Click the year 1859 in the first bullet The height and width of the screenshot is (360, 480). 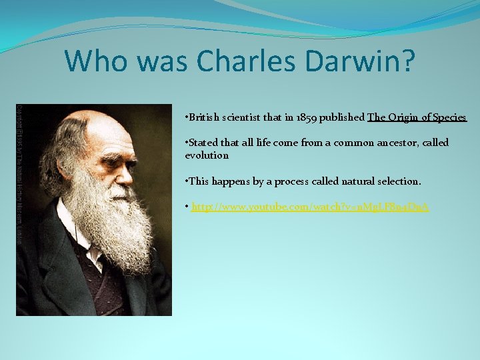pos(307,117)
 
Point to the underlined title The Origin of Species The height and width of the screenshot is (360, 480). pos(417,117)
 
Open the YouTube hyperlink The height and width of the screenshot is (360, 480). pos(310,207)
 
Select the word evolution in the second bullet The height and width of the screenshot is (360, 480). pos(207,155)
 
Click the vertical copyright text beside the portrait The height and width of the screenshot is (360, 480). pos(19,173)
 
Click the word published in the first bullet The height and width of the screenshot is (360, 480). pos(342,117)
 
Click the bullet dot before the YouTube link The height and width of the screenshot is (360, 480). pos(187,207)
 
